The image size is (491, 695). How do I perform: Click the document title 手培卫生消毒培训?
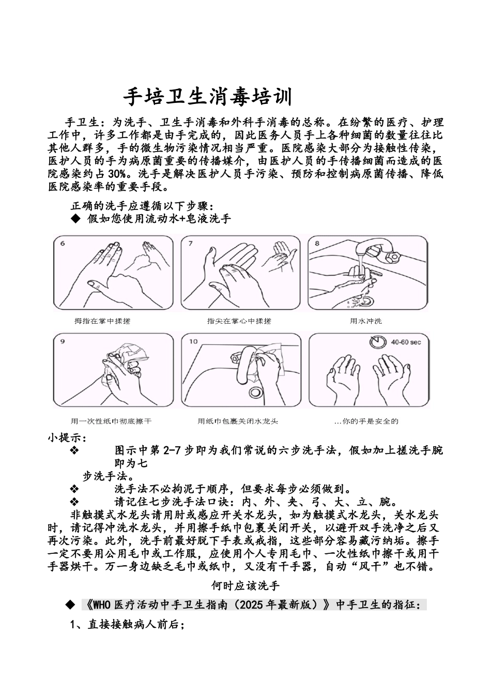pos(208,97)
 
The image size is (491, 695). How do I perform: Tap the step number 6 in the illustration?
pos(63,244)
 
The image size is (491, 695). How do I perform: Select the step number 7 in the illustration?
pos(190,243)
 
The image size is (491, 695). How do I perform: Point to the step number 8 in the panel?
pos(317,243)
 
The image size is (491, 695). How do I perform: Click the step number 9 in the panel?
pos(63,341)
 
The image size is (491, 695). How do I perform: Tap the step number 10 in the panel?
pos(193,341)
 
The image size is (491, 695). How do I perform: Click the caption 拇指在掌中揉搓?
pos(102,321)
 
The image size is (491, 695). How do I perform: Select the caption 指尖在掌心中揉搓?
pos(239,321)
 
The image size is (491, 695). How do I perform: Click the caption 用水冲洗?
pos(366,321)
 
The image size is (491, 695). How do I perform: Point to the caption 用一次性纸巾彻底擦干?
pos(111,421)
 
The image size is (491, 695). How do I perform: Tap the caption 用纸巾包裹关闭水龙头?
pos(238,421)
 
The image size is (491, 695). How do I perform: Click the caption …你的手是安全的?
pos(366,421)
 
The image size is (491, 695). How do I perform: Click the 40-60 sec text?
pos(406,342)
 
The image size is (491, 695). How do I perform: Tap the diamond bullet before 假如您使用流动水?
pos(75,219)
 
